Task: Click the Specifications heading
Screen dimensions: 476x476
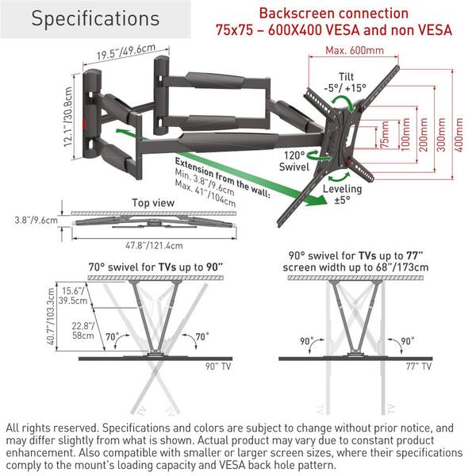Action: click(94, 18)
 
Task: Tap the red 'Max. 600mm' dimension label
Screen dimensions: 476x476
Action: click(355, 52)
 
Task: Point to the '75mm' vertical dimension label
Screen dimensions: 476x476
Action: click(385, 136)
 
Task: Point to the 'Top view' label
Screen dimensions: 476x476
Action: click(152, 202)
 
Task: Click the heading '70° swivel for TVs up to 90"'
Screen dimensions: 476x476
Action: click(158, 267)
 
